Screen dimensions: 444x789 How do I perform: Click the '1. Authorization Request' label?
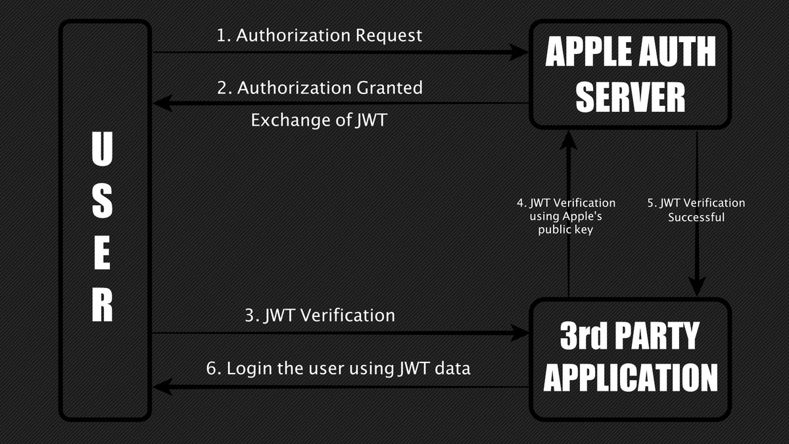pyautogui.click(x=320, y=36)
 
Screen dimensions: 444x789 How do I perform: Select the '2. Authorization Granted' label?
pyautogui.click(x=320, y=87)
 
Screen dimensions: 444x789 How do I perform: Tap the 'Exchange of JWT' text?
pyautogui.click(x=318, y=120)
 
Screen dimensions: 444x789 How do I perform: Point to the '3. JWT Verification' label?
pyautogui.click(x=320, y=315)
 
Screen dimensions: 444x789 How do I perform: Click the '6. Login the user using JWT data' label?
pyautogui.click(x=339, y=368)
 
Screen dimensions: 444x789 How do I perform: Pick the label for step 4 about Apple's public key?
pyautogui.click(x=566, y=216)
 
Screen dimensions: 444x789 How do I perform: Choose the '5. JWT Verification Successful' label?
pyautogui.click(x=696, y=209)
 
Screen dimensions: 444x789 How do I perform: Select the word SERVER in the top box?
pyautogui.click(x=631, y=97)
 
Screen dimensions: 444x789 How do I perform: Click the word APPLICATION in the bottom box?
pyautogui.click(x=631, y=378)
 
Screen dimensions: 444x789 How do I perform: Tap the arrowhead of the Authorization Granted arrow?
pyautogui.click(x=162, y=103)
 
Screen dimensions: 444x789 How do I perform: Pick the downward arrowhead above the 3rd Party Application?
pyautogui.click(x=697, y=285)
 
